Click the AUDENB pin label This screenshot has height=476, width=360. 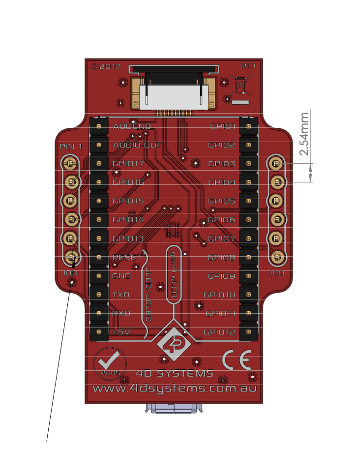pyautogui.click(x=131, y=126)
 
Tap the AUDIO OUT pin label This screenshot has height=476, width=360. pyautogui.click(x=137, y=145)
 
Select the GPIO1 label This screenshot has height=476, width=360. pyautogui.click(x=223, y=126)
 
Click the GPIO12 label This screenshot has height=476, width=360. pyautogui.click(x=219, y=332)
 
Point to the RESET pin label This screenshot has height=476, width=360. pyautogui.click(x=127, y=257)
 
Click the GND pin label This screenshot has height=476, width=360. pyautogui.click(x=122, y=276)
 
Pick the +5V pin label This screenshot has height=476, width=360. pyautogui.click(x=121, y=332)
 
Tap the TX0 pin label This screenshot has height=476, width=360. pyautogui.click(x=121, y=295)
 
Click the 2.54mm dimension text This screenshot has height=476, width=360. pyautogui.click(x=304, y=134)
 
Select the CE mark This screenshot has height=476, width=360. pyautogui.click(x=237, y=360)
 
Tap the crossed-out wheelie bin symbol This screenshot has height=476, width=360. pyautogui.click(x=240, y=86)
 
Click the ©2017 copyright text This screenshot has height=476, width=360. pyautogui.click(x=105, y=66)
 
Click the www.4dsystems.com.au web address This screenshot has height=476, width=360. pyautogui.click(x=175, y=388)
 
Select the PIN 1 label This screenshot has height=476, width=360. pyautogui.click(x=71, y=147)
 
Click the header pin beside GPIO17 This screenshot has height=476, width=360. pyautogui.click(x=99, y=164)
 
